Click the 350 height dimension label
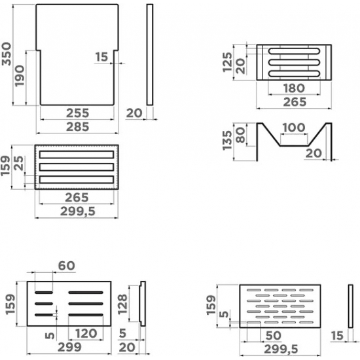[6, 54]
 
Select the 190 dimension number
[20, 76]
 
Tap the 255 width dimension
[78, 113]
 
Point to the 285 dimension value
[78, 127]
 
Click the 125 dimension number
[227, 62]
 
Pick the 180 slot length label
[294, 88]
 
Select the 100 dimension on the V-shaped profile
[294, 128]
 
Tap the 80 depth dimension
[240, 135]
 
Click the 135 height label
[227, 140]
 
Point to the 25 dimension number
[19, 163]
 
